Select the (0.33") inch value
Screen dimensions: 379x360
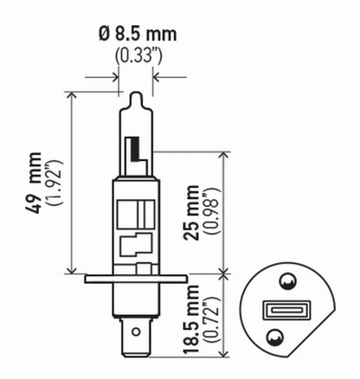tap(136, 56)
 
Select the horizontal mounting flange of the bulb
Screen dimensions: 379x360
tap(135, 279)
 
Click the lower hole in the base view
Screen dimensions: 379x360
tap(274, 337)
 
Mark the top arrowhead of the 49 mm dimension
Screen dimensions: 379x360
tap(68, 93)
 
